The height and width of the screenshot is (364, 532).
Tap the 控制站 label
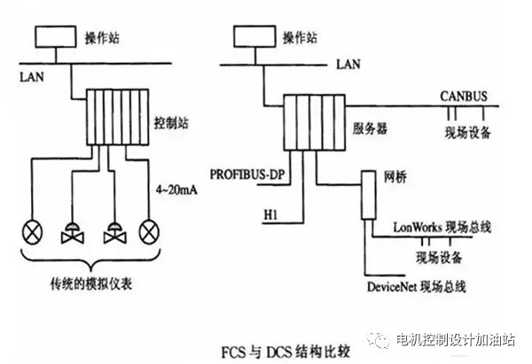[x=171, y=123]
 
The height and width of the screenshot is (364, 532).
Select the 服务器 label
[x=370, y=128]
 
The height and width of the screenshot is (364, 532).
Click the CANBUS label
[x=464, y=97]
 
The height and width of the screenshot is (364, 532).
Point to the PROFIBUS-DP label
[x=247, y=174]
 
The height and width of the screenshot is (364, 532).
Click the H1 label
[x=270, y=214]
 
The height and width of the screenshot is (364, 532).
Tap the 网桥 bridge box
[x=368, y=195]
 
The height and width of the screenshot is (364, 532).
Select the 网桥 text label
[x=395, y=177]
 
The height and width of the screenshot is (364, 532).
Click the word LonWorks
[x=418, y=227]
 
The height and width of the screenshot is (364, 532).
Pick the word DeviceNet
[x=392, y=287]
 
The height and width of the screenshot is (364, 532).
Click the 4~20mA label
[x=176, y=190]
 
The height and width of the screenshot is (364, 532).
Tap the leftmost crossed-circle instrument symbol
[x=32, y=232]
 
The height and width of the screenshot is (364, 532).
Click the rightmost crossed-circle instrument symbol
[x=149, y=232]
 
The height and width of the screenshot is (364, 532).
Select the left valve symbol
[x=73, y=233]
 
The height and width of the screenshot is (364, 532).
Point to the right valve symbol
[x=114, y=233]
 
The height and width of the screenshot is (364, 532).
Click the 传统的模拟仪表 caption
[x=91, y=284]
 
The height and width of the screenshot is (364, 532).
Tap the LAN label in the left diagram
[x=32, y=77]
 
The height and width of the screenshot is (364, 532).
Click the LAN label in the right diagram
[x=348, y=64]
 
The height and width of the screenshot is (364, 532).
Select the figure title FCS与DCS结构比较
[x=286, y=352]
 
